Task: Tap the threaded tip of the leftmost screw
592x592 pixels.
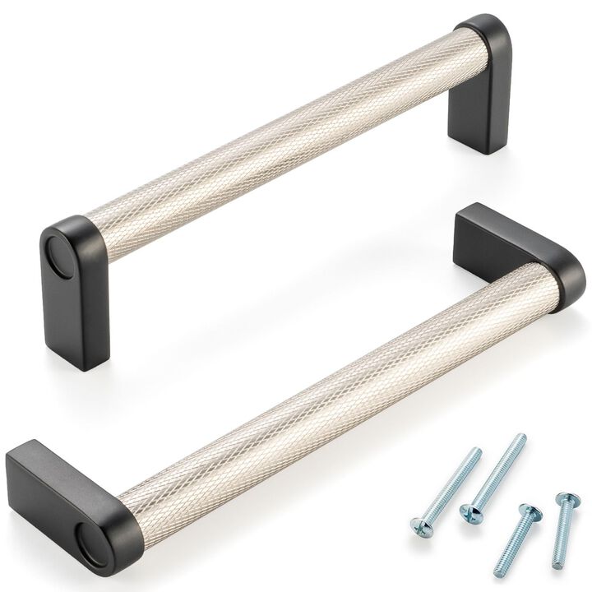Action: (x=477, y=451)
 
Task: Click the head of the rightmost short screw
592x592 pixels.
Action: (x=564, y=500)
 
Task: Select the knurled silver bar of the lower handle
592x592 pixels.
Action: (x=329, y=386)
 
